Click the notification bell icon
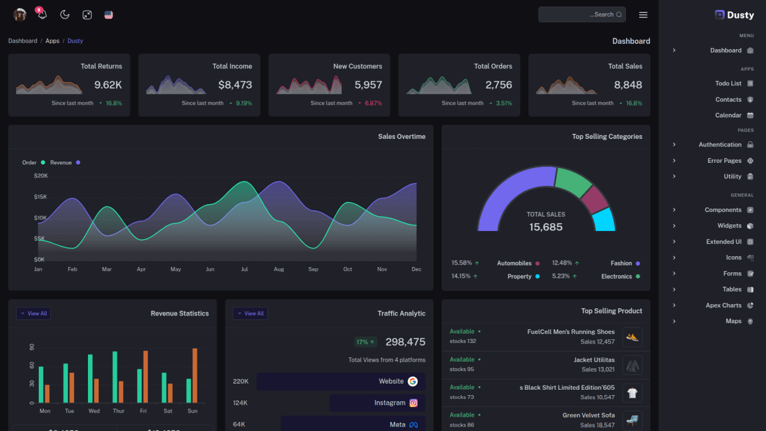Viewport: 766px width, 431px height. coord(42,15)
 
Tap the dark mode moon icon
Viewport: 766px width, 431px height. coord(65,15)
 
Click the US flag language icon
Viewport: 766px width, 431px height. coord(108,15)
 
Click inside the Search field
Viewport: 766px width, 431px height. coord(574,14)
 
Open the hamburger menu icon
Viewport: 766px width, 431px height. coord(643,15)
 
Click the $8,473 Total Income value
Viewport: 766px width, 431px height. coord(235,85)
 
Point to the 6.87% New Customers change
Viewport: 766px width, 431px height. coord(373,103)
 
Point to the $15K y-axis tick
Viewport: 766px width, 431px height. coord(40,197)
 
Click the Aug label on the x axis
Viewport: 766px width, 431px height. coord(279,269)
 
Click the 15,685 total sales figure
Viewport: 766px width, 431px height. coord(546,227)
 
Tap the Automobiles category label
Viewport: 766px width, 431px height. coord(514,263)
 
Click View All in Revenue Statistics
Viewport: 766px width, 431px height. coord(34,314)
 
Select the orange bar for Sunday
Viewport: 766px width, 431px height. coord(194,375)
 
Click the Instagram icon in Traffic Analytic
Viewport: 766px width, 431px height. coord(414,403)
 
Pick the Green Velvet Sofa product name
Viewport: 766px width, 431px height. coord(588,415)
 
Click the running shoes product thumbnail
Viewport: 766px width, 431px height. coord(632,337)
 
